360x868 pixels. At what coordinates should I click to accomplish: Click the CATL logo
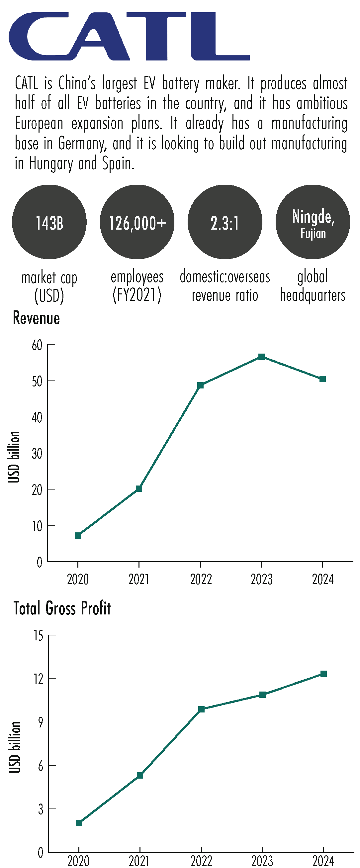129,37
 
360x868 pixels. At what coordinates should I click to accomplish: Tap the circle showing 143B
49,222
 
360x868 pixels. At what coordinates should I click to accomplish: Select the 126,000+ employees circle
137,222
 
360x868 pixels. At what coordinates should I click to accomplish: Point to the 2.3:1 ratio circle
225,222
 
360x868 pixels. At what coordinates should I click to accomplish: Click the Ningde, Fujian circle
313,222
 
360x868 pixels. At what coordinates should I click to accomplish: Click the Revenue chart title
37,318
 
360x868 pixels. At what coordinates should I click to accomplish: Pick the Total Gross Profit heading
62,608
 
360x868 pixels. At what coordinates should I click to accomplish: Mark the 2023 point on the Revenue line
261,357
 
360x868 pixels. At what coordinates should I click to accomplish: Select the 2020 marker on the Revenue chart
78,535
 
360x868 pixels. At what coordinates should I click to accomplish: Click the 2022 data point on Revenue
200,385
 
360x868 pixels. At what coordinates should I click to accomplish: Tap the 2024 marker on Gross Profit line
323,674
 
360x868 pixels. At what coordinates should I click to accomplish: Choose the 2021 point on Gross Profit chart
140,775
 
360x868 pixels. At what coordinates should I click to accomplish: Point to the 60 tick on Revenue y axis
38,345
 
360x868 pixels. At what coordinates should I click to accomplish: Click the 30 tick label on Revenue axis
38,454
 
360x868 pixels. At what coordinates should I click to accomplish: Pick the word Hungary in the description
51,164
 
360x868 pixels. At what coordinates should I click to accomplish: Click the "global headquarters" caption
313,286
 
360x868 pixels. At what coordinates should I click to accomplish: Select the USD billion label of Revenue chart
14,457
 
